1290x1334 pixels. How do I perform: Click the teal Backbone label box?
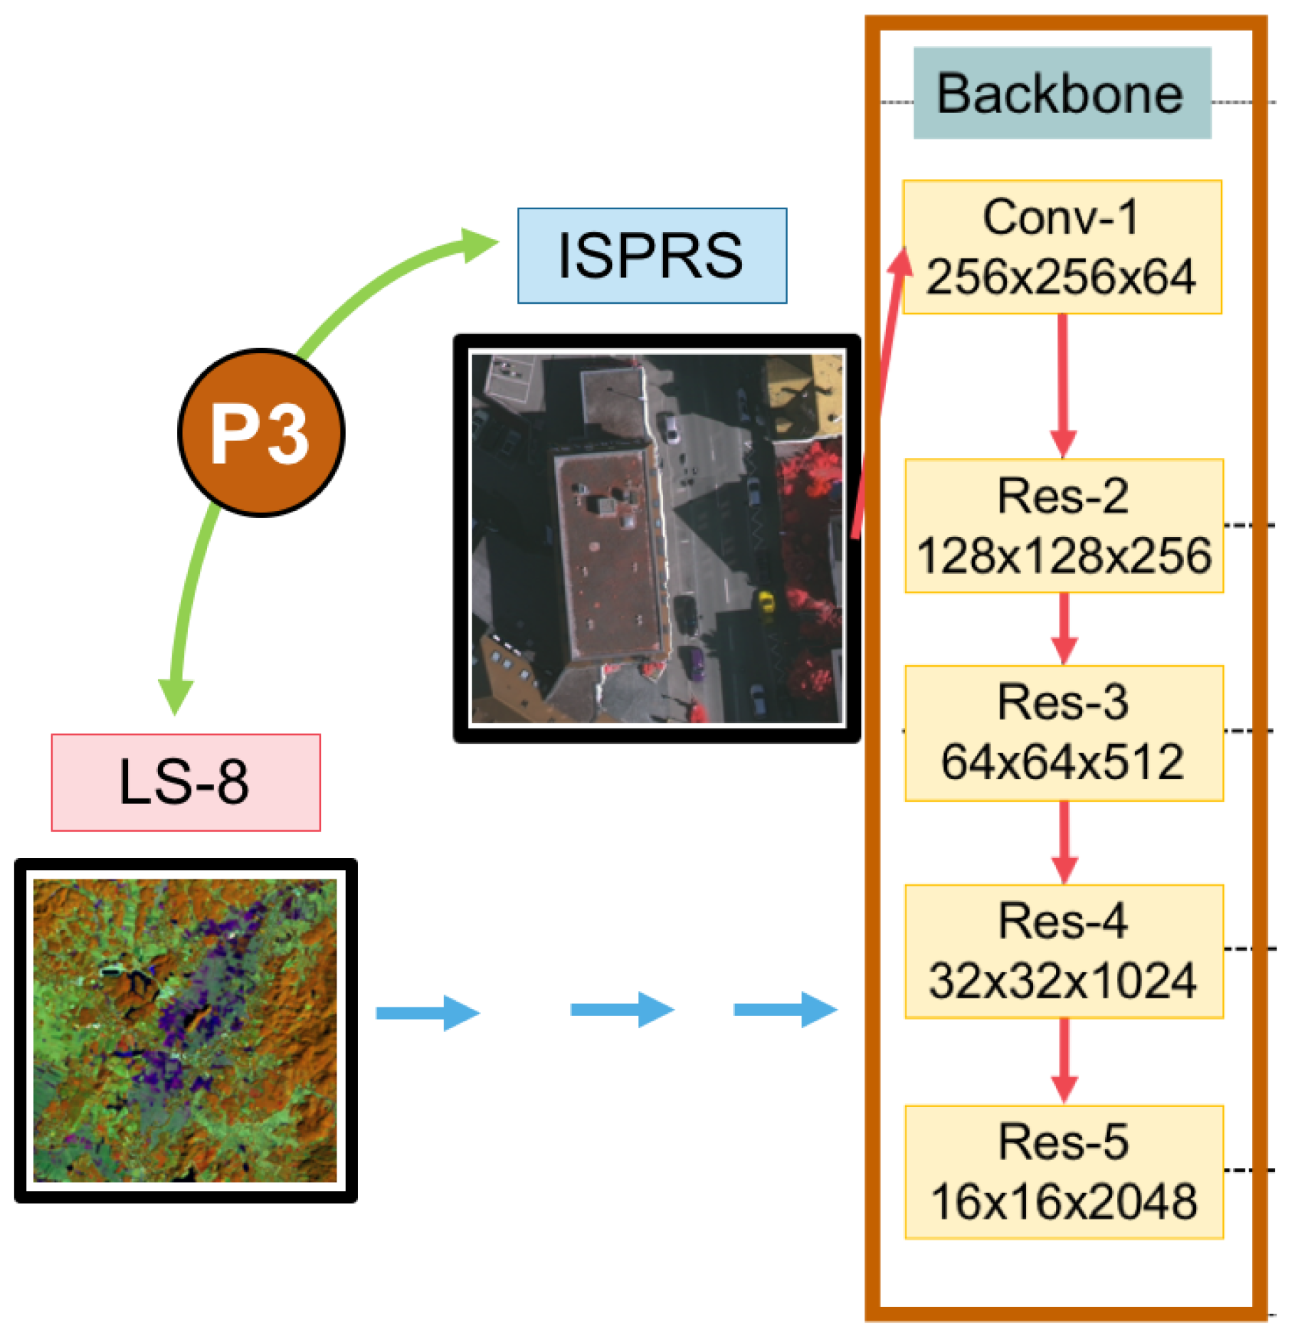pos(1062,93)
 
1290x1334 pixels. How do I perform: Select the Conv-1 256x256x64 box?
pos(1062,247)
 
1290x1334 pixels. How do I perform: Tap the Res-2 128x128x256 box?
pos(1064,526)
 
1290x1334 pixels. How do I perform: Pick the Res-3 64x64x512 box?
pos(1064,733)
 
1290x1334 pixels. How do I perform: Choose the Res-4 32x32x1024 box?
pos(1064,951)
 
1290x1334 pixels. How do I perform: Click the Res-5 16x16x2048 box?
pos(1064,1172)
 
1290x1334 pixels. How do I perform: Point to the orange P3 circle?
pos(261,432)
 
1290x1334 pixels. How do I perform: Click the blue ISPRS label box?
pos(652,255)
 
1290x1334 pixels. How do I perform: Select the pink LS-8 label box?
pos(186,782)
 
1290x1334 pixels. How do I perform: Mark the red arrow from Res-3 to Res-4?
pos(1064,843)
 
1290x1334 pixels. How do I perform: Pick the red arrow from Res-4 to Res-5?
pos(1064,1061)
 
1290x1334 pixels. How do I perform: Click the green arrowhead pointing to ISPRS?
pos(478,245)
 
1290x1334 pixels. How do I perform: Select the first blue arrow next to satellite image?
pos(427,1012)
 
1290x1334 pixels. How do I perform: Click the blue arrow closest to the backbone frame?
pos(786,1010)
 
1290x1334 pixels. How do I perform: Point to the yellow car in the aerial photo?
pos(766,602)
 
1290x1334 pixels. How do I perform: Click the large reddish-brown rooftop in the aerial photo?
pos(612,555)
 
